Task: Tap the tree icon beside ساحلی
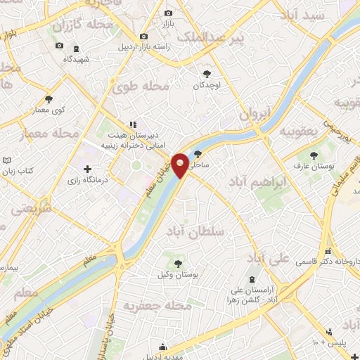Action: tap(199, 153)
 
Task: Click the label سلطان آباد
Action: tap(194, 231)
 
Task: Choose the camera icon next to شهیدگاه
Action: tap(59, 46)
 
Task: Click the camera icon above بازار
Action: tap(167, 13)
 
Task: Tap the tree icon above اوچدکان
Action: tap(207, 73)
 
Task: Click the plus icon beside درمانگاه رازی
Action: tap(87, 169)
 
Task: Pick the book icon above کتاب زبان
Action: tap(6, 160)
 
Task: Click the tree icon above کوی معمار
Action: tap(49, 99)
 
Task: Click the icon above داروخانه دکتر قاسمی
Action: tap(328, 251)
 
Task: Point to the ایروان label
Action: tap(254, 114)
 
